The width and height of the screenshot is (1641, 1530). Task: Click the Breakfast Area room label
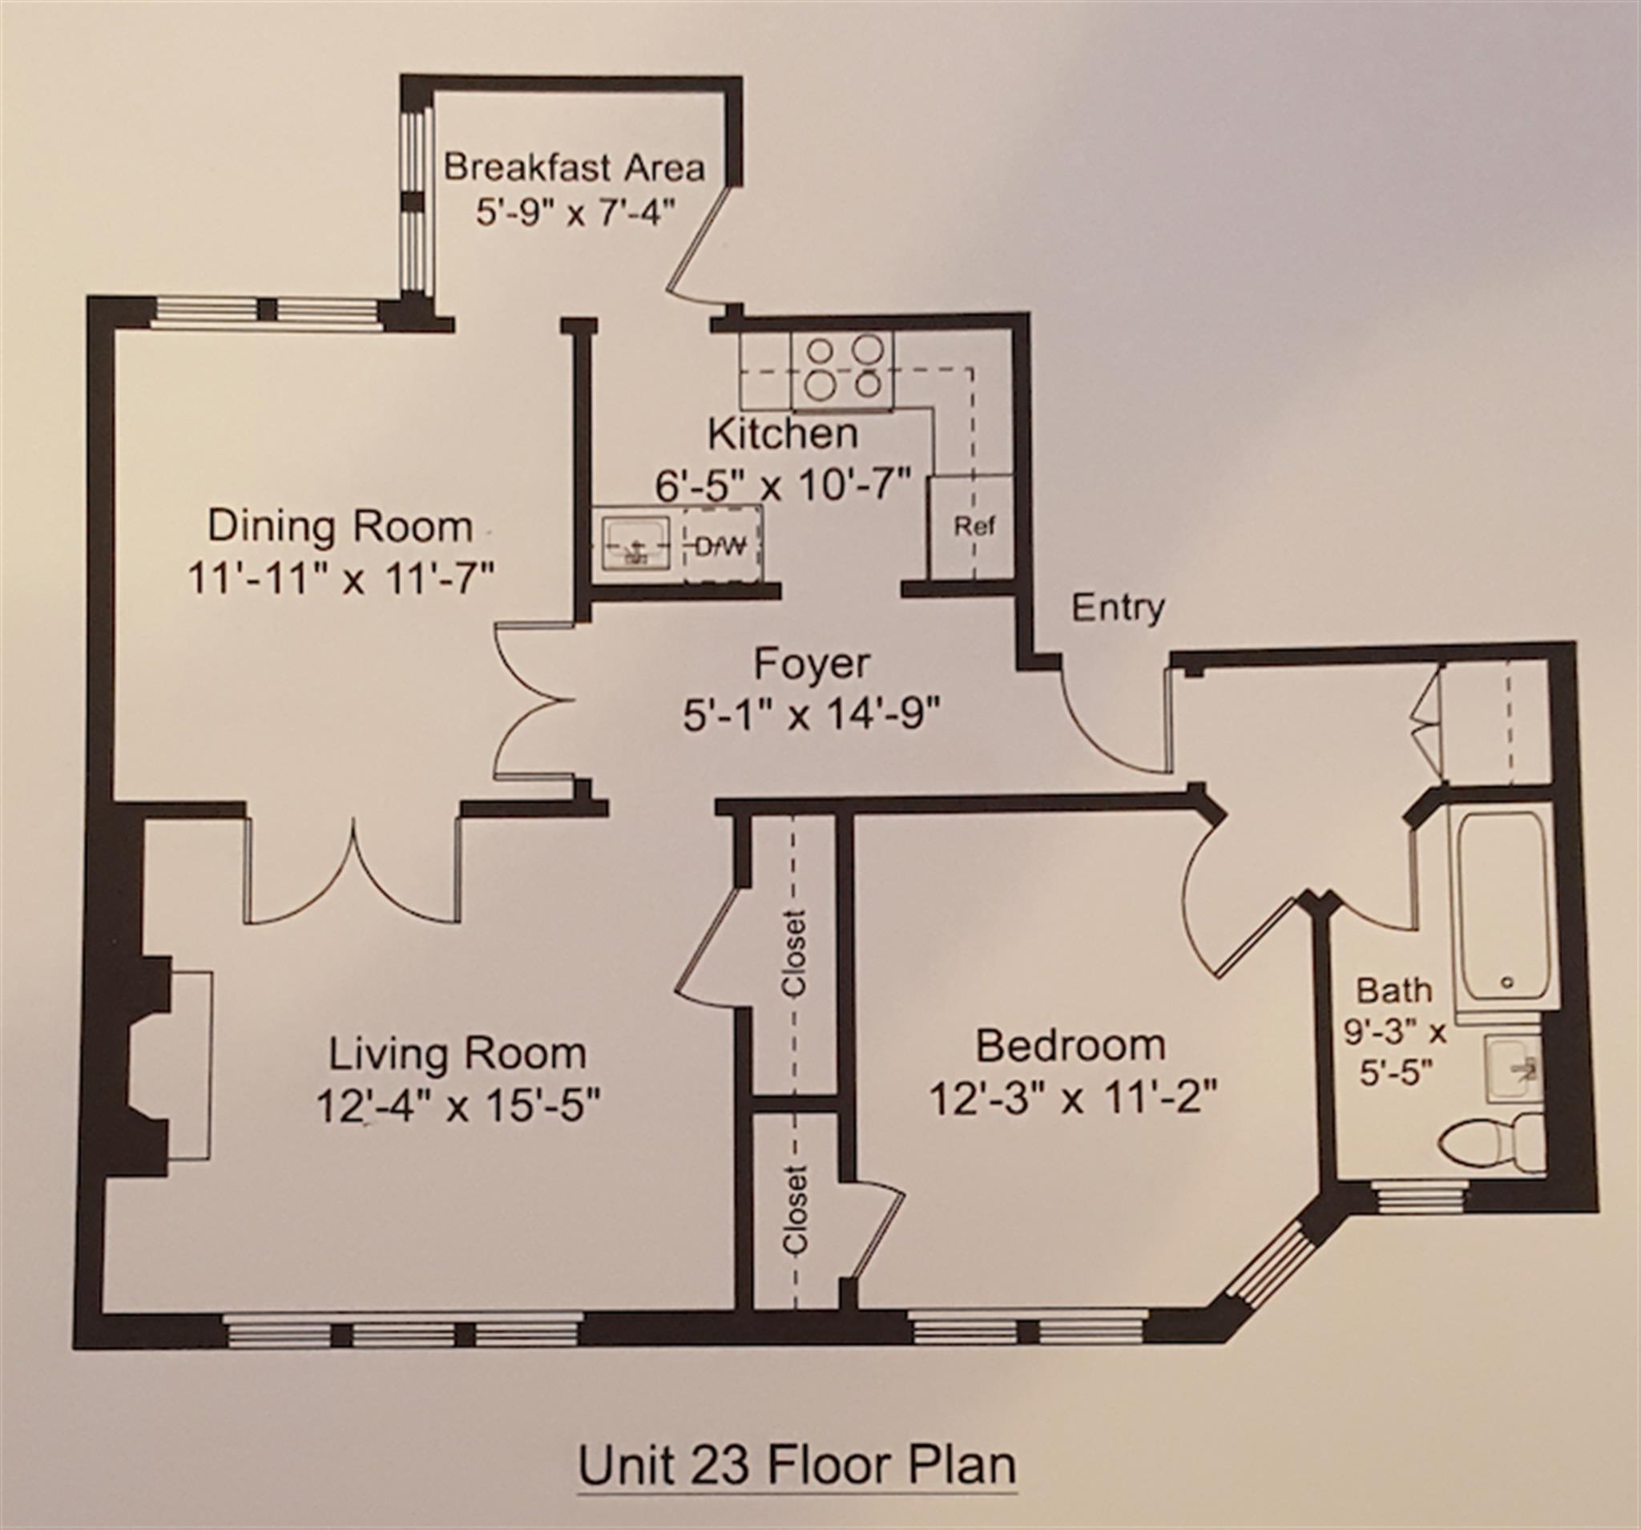click(x=575, y=168)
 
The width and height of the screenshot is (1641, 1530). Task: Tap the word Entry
click(x=1118, y=608)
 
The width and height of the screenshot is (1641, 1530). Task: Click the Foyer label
click(x=812, y=664)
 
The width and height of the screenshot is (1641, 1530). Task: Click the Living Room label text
click(x=458, y=1055)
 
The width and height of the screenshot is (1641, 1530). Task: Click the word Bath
click(x=1395, y=989)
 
